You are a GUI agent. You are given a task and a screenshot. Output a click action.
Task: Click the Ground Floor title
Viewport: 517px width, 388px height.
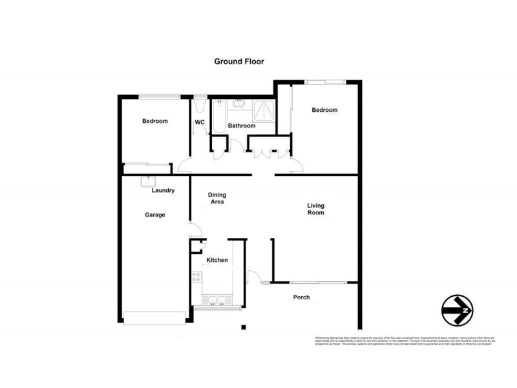coord(239,61)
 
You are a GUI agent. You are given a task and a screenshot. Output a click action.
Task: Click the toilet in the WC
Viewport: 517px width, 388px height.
coord(199,103)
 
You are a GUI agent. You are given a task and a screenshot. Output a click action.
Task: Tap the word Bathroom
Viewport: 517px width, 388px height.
coord(241,125)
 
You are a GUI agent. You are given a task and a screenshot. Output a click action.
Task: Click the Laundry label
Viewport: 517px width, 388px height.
coord(163,191)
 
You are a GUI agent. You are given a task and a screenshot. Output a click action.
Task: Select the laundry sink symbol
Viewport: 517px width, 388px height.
coord(150,180)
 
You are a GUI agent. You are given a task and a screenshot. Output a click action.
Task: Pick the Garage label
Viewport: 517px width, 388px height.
coord(154,215)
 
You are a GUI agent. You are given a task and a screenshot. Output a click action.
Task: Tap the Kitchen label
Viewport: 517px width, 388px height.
coord(217,260)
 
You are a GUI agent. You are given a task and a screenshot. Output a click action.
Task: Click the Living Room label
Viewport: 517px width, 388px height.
coord(315,210)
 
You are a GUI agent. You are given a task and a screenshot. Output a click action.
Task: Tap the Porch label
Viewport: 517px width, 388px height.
coord(301,297)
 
